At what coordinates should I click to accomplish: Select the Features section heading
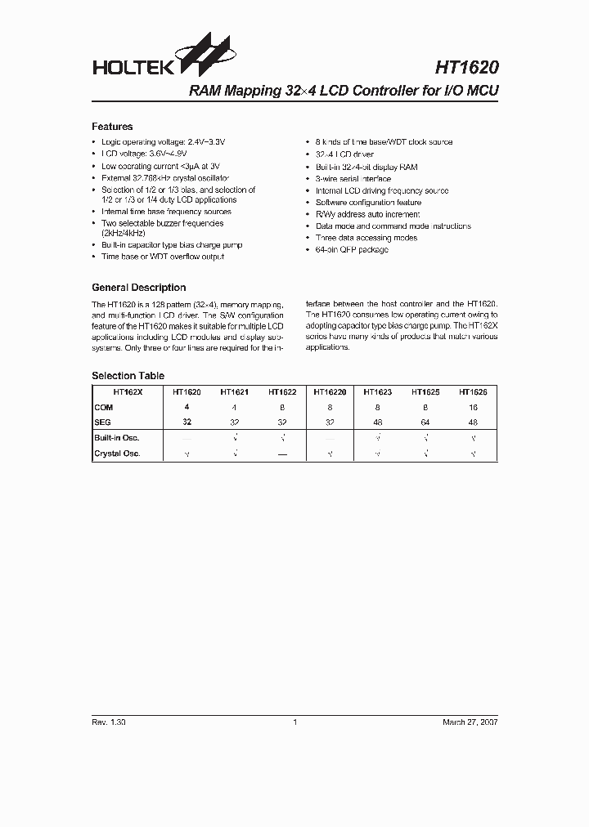[112, 127]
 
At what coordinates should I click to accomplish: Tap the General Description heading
[138, 288]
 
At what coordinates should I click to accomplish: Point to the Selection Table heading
[128, 376]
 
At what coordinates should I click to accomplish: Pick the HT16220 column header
[330, 392]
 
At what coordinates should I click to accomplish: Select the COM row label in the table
[104, 407]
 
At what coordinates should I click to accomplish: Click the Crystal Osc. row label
[118, 454]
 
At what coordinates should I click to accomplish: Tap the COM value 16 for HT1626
[472, 407]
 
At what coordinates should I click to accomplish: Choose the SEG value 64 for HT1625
[425, 422]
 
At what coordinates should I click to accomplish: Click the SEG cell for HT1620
[187, 422]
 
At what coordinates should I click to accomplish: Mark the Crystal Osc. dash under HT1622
[282, 454]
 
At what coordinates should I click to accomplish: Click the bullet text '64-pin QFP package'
[352, 250]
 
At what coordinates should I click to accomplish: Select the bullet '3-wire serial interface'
[353, 179]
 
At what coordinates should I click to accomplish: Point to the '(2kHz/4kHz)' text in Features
[124, 233]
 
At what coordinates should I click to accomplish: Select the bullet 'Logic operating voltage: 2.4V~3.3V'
[162, 142]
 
